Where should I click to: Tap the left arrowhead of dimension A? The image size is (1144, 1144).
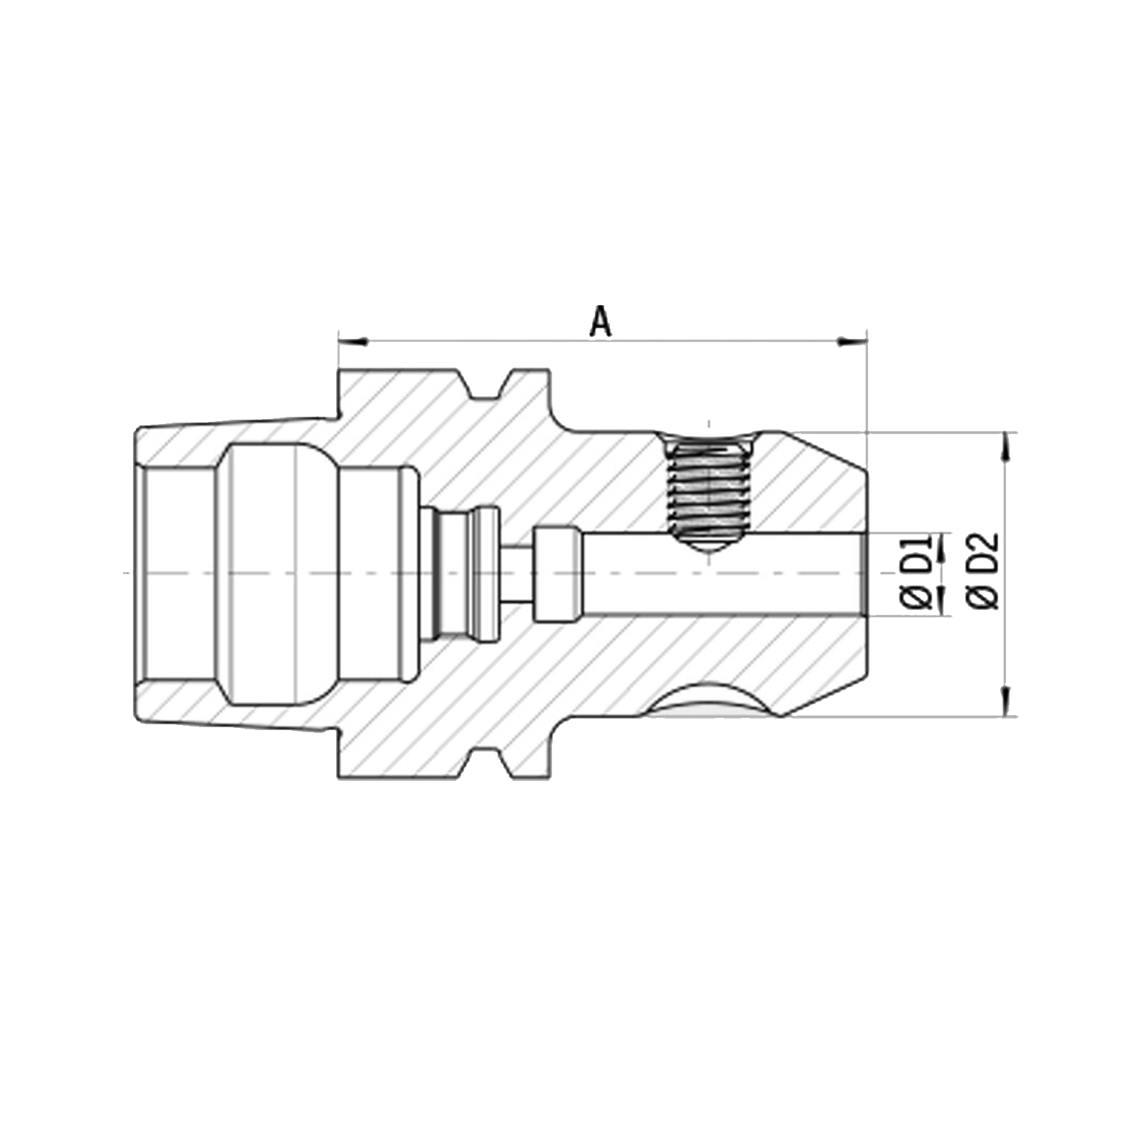(x=352, y=341)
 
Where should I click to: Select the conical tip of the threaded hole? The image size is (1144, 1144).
(x=709, y=542)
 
